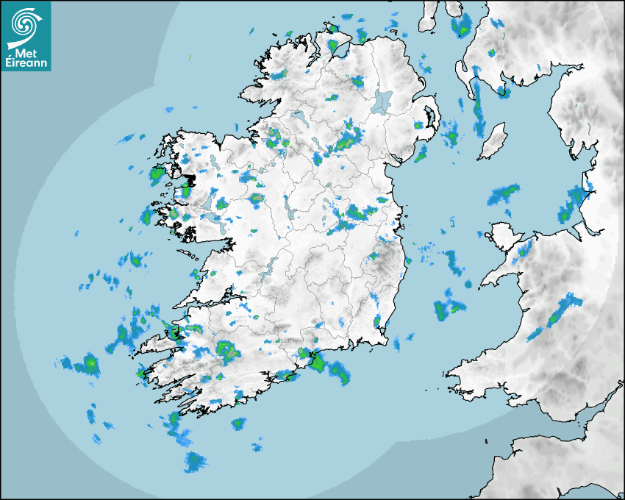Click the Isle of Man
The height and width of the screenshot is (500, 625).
(x=492, y=141)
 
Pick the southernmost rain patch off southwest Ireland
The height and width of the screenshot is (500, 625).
(x=195, y=463)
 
